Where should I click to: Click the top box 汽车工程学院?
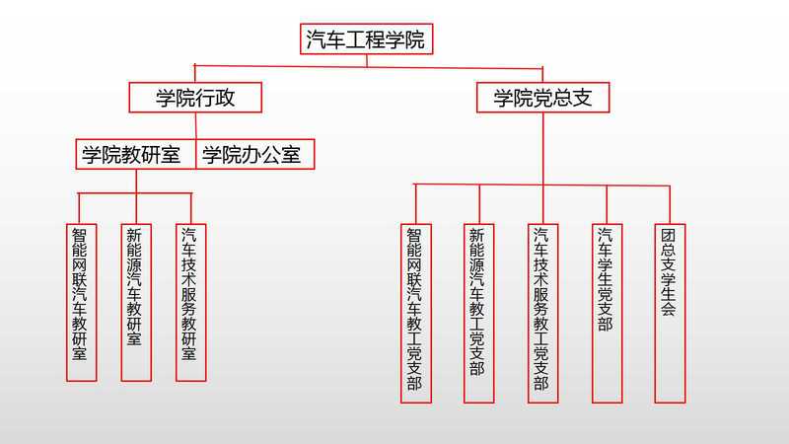click(366, 39)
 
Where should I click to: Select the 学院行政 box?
click(195, 97)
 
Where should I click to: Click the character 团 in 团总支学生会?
click(669, 237)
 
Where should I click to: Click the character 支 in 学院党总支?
click(592, 97)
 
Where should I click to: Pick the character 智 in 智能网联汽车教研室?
click(81, 237)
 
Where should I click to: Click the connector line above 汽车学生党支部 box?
click(606, 203)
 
